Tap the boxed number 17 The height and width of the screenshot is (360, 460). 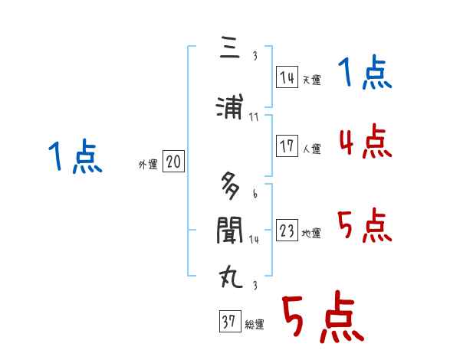tap(287, 146)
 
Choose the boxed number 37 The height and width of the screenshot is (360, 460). tap(229, 322)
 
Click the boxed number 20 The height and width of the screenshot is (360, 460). tap(174, 162)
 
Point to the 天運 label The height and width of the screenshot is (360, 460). tap(311, 80)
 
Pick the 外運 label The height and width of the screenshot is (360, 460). tap(147, 164)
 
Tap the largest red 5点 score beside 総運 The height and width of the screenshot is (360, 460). tap(322, 320)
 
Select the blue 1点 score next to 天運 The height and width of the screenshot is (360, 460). tap(365, 74)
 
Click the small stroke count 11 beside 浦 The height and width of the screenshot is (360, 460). tap(254, 117)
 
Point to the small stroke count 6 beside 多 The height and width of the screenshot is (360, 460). tap(255, 195)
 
